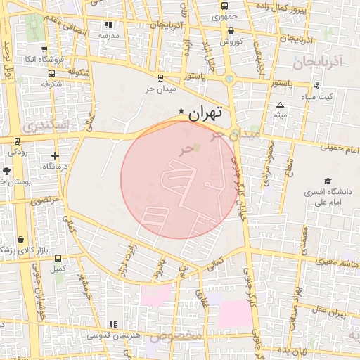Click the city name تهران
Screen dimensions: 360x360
pos(206,112)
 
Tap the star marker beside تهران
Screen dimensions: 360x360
pos(182,110)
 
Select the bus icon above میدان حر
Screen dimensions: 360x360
pos(161,78)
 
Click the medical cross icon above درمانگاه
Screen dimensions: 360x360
pos(56,155)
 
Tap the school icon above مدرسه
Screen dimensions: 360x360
pos(108,25)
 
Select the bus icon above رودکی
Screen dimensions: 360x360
pos(18,140)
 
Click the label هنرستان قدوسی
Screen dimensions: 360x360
pos(112,335)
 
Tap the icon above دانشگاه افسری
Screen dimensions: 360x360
pos(327,181)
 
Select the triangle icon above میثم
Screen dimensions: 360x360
pos(280,105)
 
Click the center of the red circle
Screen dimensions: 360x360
pos(179,179)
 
